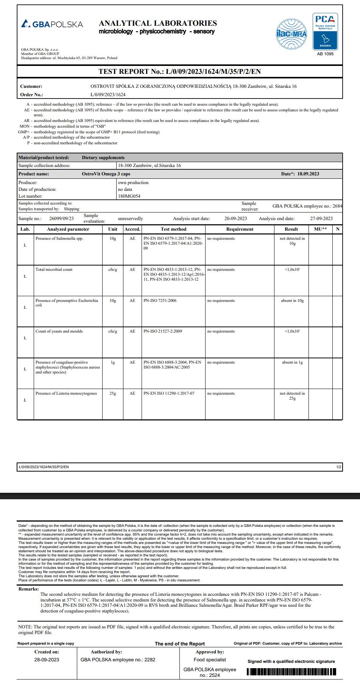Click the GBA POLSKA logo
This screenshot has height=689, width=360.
click(x=52, y=24)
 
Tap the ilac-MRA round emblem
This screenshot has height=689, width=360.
click(x=291, y=34)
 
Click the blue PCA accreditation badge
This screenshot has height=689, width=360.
click(x=325, y=31)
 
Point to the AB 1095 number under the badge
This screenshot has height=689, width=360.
click(x=325, y=54)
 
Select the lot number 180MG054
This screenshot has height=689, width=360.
click(x=129, y=196)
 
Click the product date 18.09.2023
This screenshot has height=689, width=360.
click(x=308, y=174)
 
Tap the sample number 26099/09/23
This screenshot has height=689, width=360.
click(x=61, y=219)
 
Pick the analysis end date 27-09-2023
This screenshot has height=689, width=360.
click(x=321, y=219)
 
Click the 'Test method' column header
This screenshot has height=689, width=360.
click(x=173, y=229)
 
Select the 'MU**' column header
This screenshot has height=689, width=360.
click(x=320, y=229)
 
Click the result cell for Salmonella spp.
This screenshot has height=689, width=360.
click(x=292, y=241)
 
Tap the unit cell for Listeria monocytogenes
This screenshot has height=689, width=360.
click(x=113, y=394)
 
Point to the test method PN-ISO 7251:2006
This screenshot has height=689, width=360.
click(x=160, y=301)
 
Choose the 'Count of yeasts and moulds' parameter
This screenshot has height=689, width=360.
click(x=59, y=331)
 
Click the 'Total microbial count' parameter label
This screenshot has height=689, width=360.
click(x=54, y=270)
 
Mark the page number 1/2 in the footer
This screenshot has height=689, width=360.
click(x=338, y=467)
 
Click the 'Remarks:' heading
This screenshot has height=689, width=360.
click(x=28, y=589)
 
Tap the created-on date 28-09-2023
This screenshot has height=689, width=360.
click(x=47, y=659)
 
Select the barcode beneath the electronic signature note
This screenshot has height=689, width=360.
click(x=291, y=672)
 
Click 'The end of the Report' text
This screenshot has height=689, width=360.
click(x=180, y=644)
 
